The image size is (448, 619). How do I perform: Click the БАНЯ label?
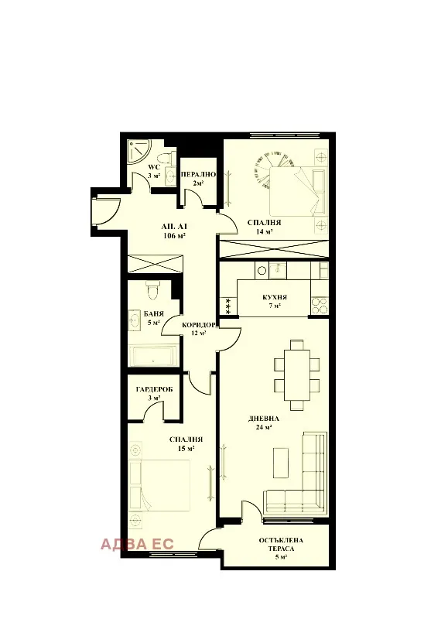coord(152,314)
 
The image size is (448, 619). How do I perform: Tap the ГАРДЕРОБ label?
coord(153,389)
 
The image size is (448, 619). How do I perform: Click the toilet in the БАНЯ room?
coord(152,289)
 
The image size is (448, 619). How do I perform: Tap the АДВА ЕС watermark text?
coord(138,543)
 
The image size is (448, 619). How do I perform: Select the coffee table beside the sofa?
coord(282,463)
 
